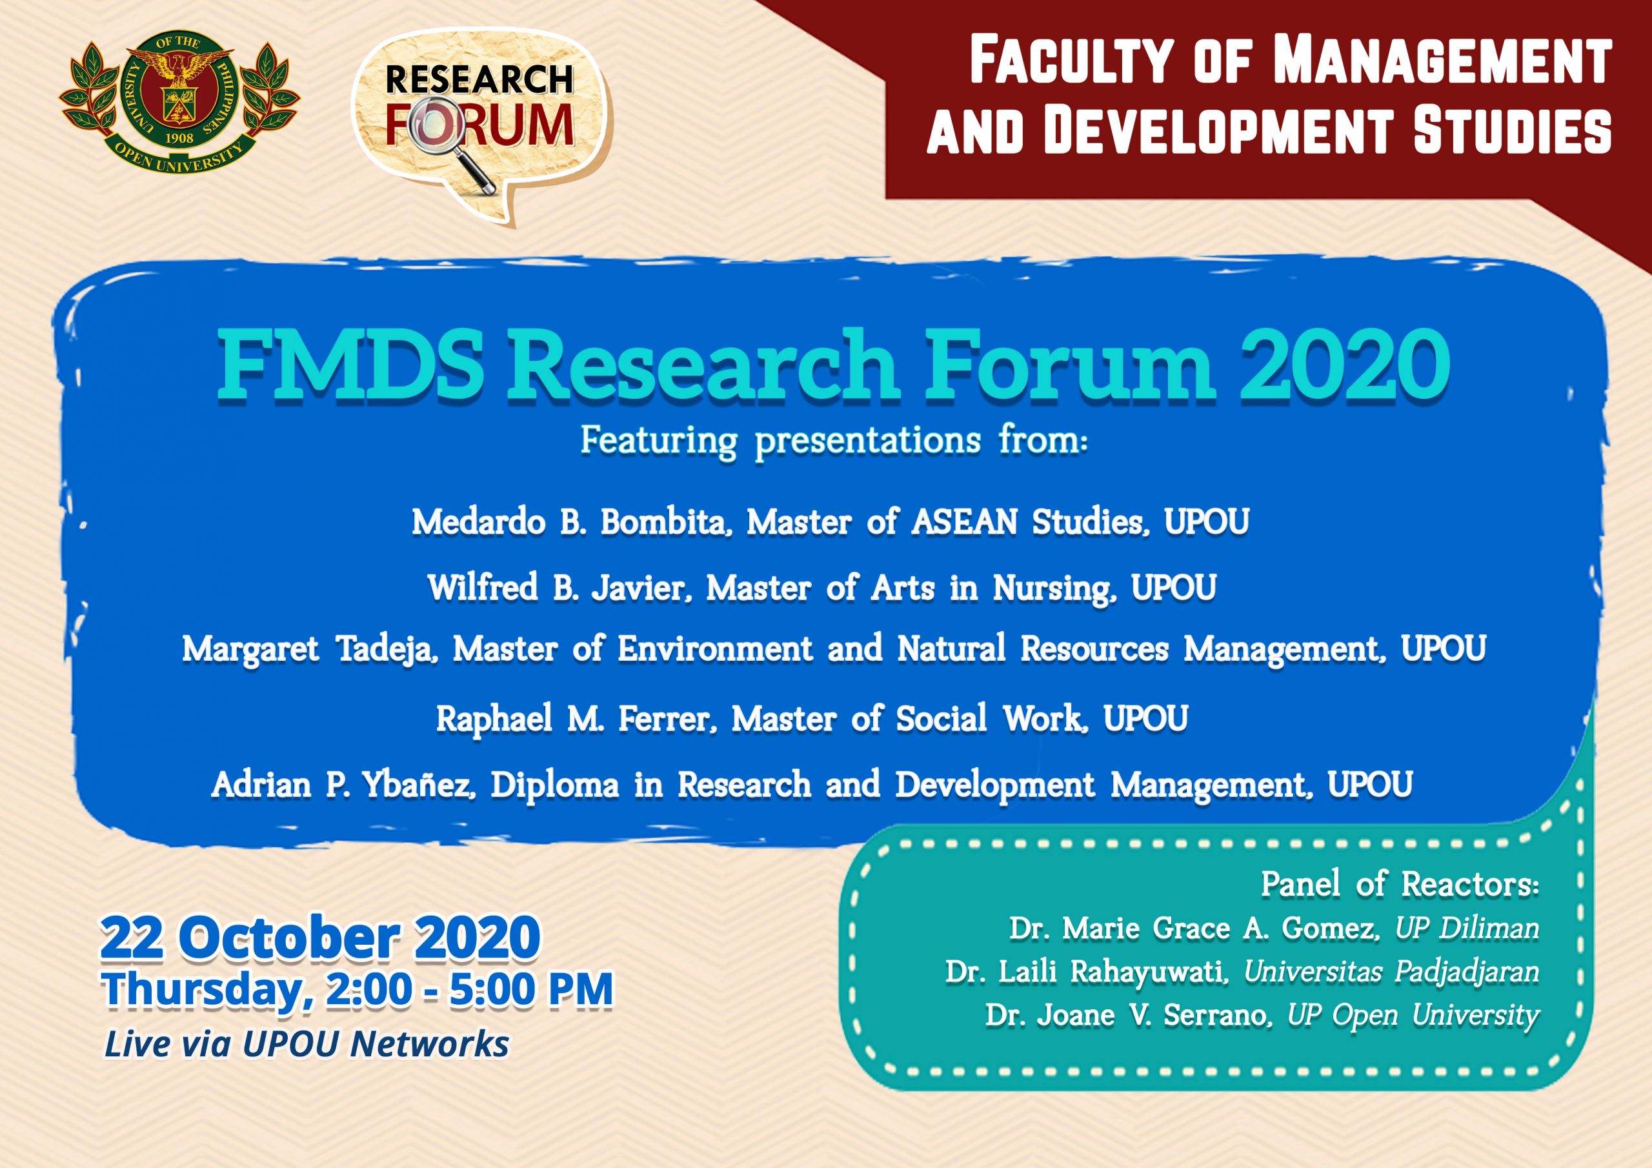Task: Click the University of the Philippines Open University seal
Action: tap(179, 102)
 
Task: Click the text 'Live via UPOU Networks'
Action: tap(307, 1044)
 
